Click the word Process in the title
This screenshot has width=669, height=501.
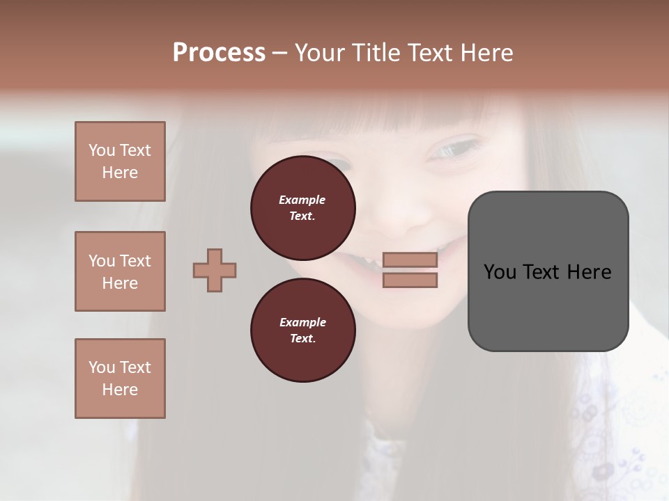point(219,53)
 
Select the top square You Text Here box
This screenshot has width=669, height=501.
point(120,161)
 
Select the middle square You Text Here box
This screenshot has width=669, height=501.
point(120,271)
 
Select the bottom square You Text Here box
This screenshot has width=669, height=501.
point(120,379)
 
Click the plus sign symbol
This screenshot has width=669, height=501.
point(215,270)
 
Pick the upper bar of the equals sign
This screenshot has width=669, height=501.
point(410,260)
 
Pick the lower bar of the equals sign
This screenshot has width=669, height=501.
point(410,280)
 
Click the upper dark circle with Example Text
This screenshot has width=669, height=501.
point(302,208)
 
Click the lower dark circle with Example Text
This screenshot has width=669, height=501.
point(302,331)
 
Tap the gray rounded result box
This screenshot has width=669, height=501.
point(548,271)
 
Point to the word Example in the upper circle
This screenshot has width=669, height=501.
point(302,200)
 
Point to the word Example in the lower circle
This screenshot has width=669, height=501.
point(302,322)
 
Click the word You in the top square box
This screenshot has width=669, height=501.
point(101,150)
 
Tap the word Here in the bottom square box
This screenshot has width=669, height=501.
point(120,390)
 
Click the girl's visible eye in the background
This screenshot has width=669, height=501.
point(454,148)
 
